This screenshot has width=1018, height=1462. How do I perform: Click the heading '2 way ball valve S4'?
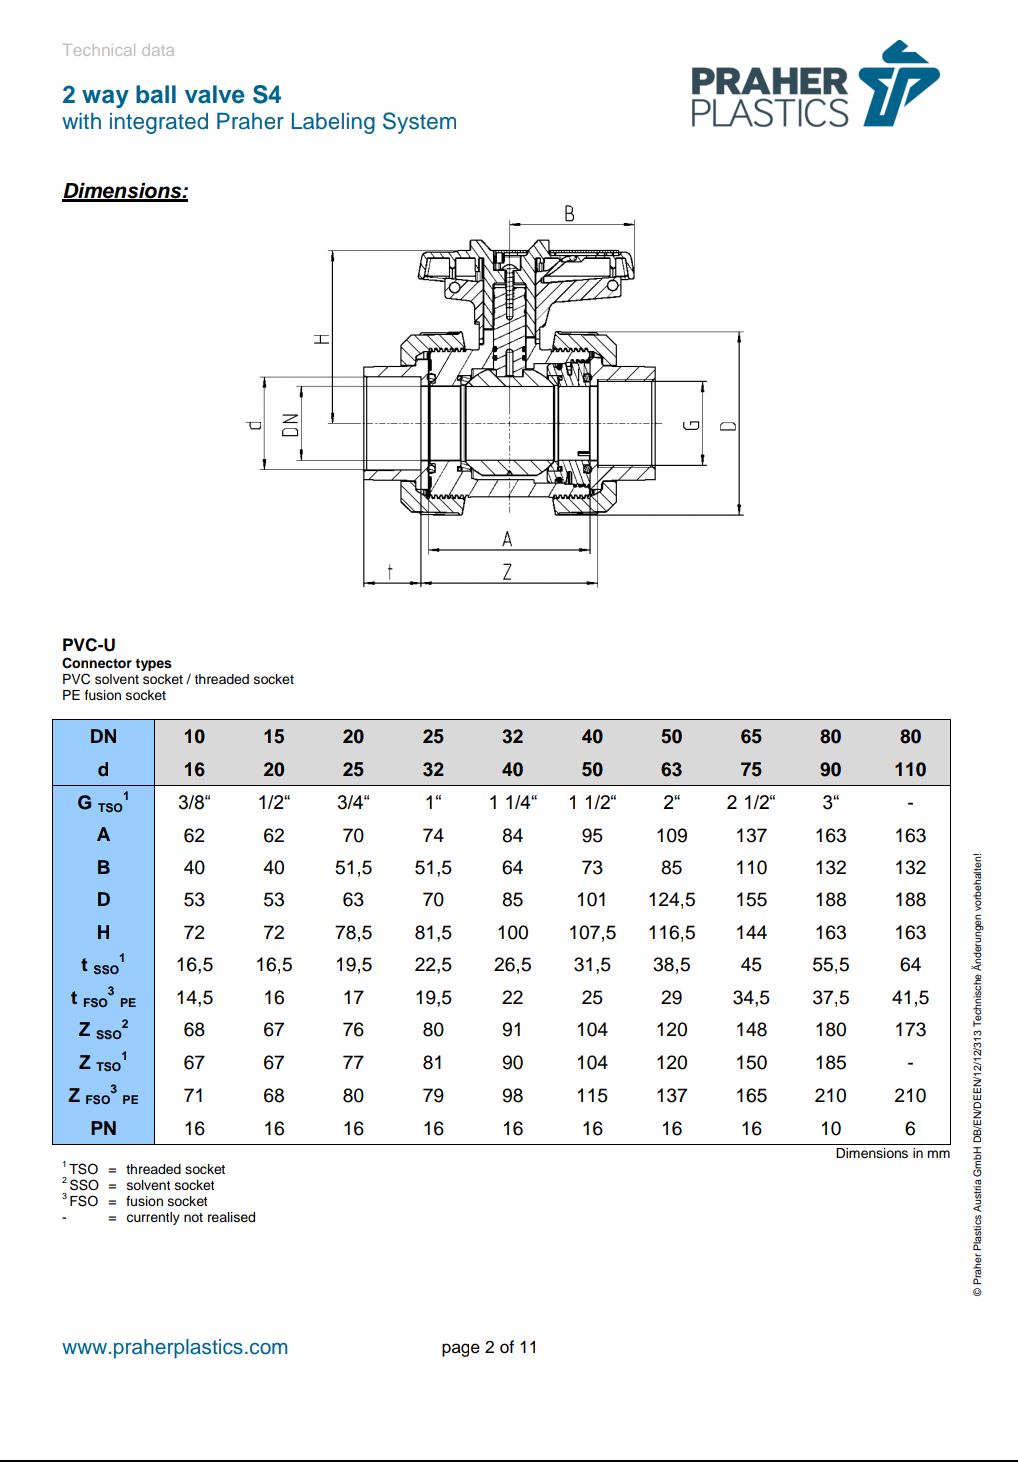click(171, 95)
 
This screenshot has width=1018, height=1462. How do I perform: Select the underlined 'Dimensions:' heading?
click(125, 191)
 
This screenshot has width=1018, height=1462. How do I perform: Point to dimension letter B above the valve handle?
click(569, 213)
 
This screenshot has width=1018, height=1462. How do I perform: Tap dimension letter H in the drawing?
click(322, 338)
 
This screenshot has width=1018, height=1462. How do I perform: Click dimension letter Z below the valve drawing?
click(507, 572)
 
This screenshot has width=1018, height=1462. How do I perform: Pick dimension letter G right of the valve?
click(691, 425)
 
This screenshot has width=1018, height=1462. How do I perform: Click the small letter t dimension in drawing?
click(390, 571)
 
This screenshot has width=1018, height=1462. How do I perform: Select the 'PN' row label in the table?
click(103, 1128)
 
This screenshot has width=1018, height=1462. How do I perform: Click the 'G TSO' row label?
click(103, 803)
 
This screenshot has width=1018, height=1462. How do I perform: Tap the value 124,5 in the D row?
click(671, 900)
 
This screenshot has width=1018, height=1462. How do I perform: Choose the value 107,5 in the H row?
click(592, 933)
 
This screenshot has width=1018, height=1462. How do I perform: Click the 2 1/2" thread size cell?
click(751, 803)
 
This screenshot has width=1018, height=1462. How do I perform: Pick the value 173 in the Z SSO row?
click(910, 1030)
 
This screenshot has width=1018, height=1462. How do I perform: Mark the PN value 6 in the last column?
click(910, 1128)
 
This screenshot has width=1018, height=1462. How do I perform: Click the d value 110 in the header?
click(910, 770)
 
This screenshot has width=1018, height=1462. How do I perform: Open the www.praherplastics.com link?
click(175, 1347)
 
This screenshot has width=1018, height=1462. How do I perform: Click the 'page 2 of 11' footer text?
click(489, 1347)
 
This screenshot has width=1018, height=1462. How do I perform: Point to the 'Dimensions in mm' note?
click(892, 1153)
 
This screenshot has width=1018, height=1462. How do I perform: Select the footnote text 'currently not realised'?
click(190, 1217)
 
